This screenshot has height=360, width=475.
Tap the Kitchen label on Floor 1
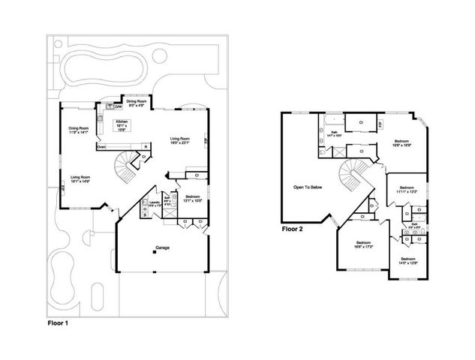(122, 124)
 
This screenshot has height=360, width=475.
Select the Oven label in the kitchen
(101, 146)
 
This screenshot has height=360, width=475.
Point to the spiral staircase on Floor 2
(349, 178)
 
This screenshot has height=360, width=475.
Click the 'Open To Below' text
(308, 187)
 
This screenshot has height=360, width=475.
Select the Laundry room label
(154, 202)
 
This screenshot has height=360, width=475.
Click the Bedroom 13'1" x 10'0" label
(191, 199)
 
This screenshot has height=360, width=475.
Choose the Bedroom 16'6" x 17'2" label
(363, 244)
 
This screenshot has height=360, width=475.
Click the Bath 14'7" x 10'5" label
(335, 133)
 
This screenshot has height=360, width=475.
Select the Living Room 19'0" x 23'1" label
(179, 139)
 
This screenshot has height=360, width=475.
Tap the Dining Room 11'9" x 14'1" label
(80, 130)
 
